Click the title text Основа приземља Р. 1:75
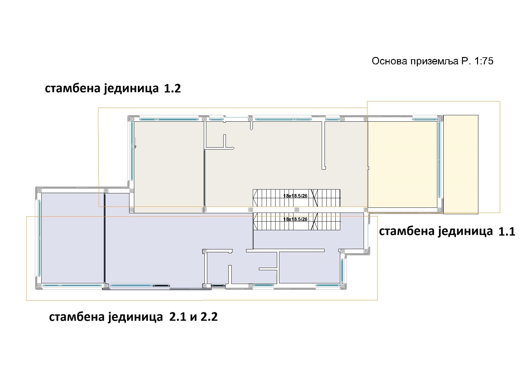(x=433, y=61)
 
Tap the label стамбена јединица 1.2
(x=113, y=89)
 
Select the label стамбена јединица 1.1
(x=447, y=231)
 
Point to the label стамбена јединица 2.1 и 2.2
(x=133, y=317)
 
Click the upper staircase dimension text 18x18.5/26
(x=295, y=196)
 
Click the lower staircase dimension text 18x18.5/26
(x=295, y=219)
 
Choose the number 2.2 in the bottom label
(x=209, y=317)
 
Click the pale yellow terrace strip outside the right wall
(x=461, y=165)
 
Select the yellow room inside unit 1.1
(x=403, y=165)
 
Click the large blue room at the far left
(x=73, y=238)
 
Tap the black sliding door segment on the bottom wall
(x=161, y=286)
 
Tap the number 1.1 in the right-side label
(x=507, y=231)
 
